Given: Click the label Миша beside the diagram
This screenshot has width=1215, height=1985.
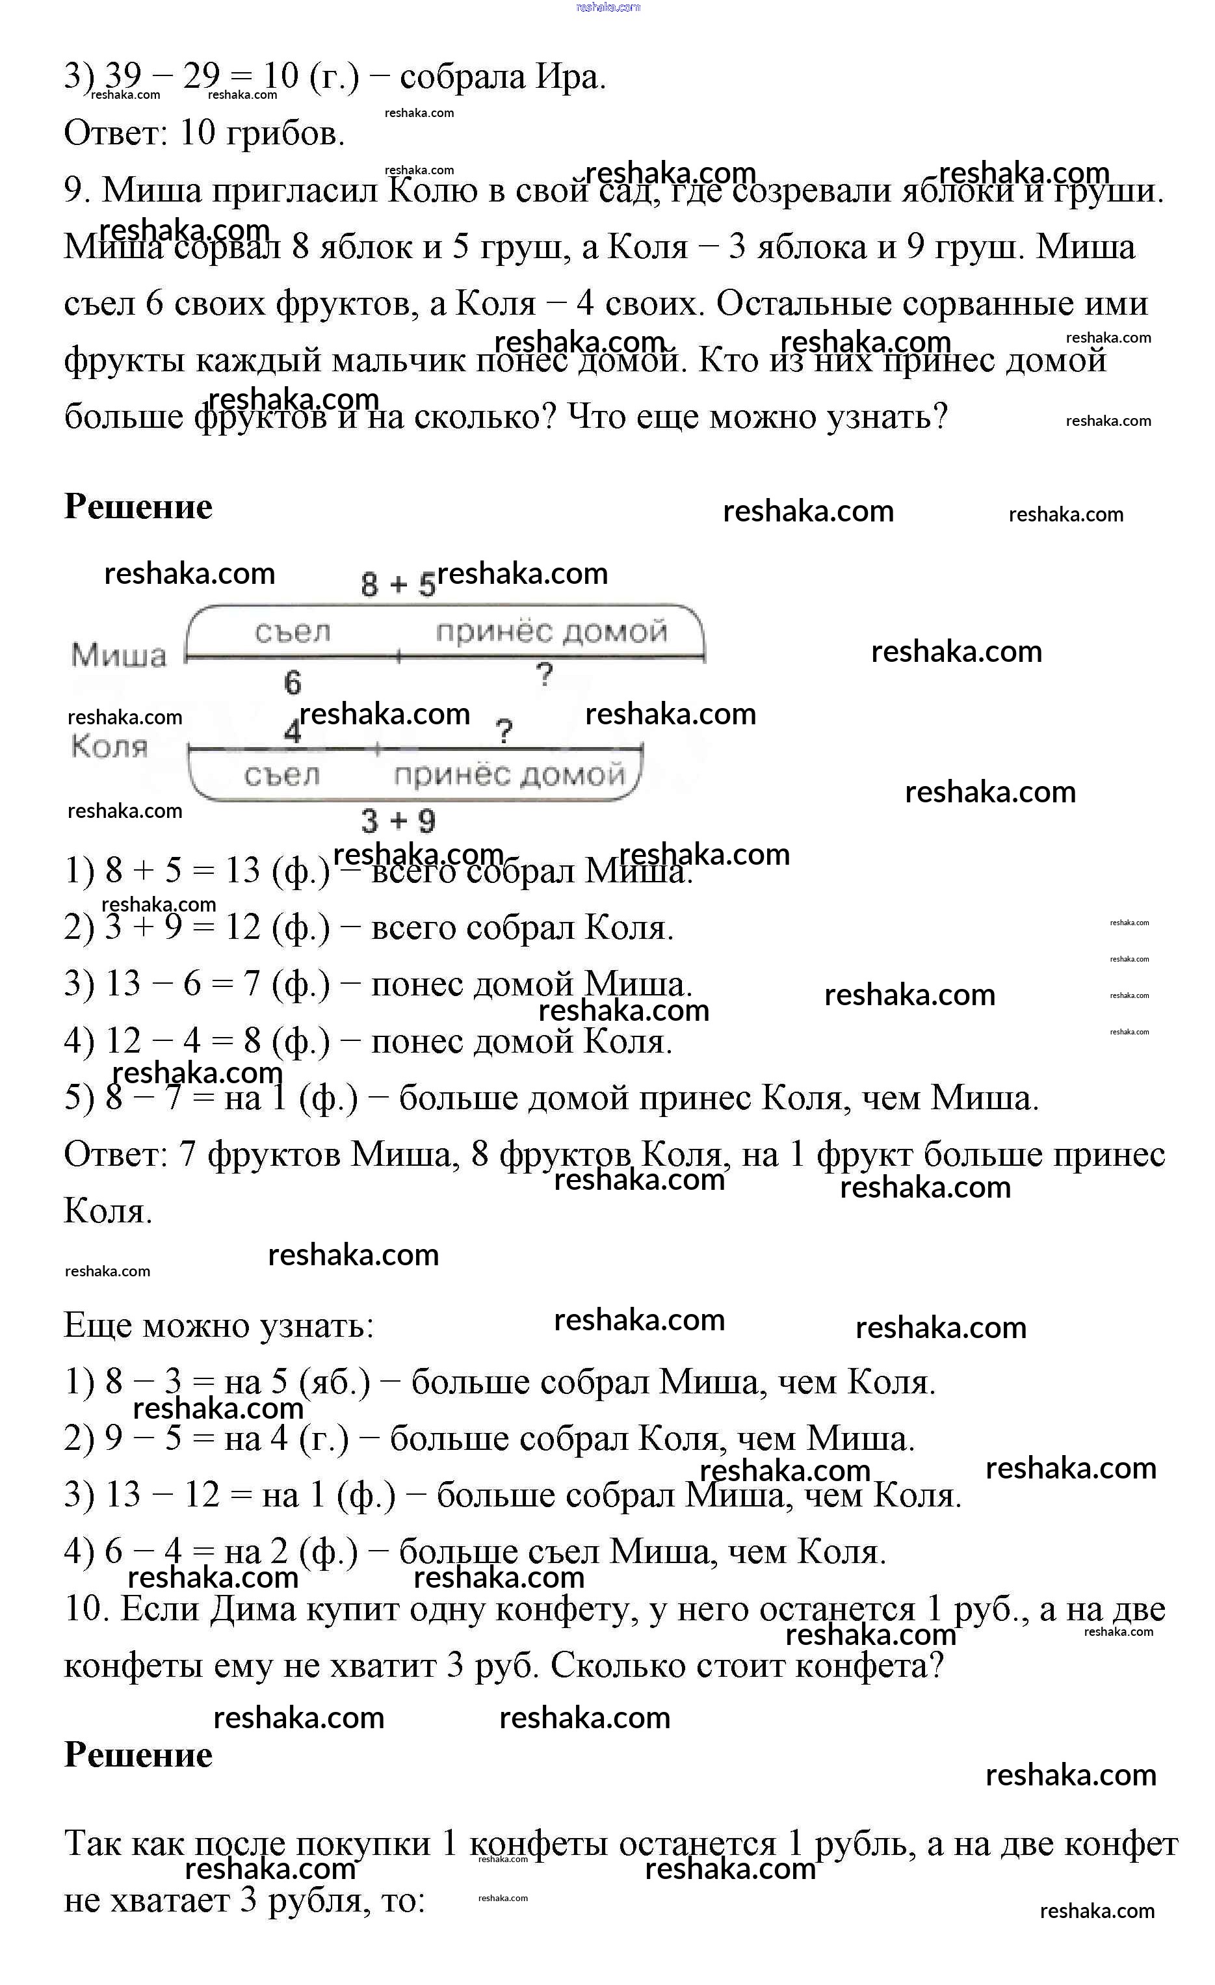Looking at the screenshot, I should click(118, 655).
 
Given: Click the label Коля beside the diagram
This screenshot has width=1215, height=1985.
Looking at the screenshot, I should click(110, 747).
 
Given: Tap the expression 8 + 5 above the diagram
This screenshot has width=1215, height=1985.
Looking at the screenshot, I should click(397, 584).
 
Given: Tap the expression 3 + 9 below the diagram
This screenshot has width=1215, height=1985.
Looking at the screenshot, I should click(398, 821).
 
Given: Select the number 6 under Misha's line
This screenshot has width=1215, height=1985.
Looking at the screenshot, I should click(293, 682).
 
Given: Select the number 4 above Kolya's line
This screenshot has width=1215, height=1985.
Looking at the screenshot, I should click(293, 732).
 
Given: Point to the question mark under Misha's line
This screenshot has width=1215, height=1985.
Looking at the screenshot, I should click(545, 674).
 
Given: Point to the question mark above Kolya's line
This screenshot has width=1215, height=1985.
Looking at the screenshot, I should click(504, 731).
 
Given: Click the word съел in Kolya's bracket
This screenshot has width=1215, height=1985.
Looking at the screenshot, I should click(282, 775).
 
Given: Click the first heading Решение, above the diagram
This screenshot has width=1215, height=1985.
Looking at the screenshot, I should click(138, 506).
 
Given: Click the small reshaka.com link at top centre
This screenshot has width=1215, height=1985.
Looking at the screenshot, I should click(608, 7).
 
